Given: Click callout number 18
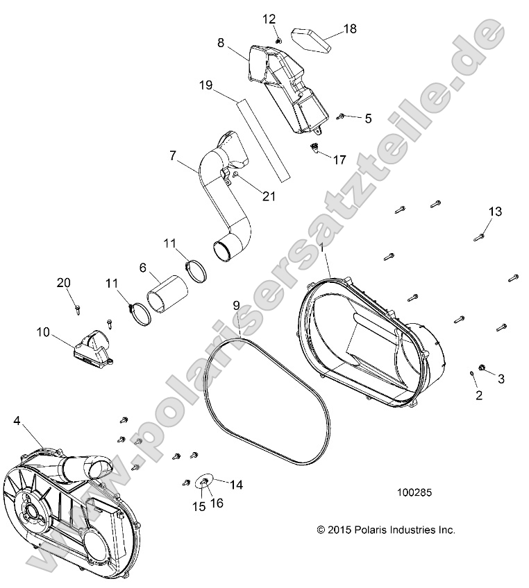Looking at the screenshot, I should (350, 28).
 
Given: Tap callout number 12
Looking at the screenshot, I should (269, 19).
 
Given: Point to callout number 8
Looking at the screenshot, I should (221, 42).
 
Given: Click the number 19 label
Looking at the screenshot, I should (205, 86).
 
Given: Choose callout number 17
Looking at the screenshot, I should (339, 159).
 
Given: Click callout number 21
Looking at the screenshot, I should (268, 196).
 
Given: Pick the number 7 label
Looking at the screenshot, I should (173, 156).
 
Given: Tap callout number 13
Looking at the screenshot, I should (494, 211).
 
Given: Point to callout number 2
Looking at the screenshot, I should (478, 395).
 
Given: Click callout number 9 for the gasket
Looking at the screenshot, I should (236, 304).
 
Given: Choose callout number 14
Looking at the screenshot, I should (236, 485).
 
